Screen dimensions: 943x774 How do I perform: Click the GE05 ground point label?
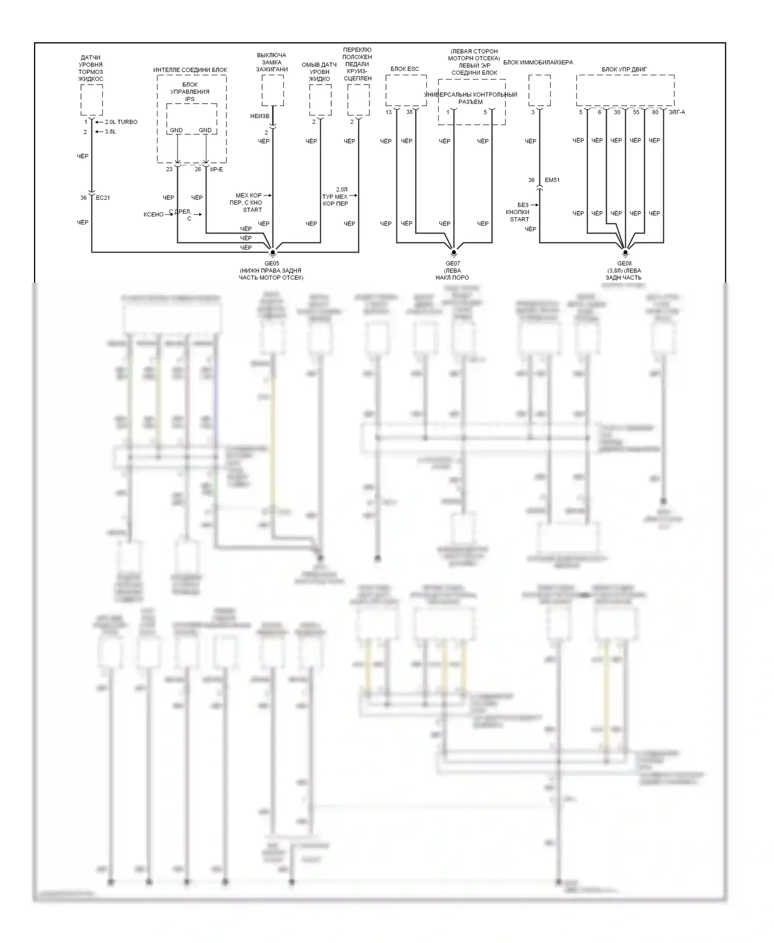[x=271, y=263]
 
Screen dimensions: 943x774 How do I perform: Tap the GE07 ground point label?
[x=453, y=263]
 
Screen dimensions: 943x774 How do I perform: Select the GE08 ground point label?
[x=624, y=263]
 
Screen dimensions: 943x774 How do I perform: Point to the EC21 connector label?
[x=103, y=198]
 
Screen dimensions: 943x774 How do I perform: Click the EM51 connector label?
[x=552, y=180]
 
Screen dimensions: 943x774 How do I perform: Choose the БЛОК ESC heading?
[x=405, y=69]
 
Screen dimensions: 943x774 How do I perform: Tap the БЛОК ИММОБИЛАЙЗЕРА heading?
[x=538, y=62]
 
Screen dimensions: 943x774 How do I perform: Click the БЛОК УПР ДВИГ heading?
[x=624, y=69]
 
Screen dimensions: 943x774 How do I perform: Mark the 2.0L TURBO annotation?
[x=121, y=122]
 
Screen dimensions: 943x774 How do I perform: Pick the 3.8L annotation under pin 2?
[x=110, y=132]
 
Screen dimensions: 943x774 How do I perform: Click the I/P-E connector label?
[x=217, y=169]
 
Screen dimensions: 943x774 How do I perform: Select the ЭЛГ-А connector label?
[x=676, y=112]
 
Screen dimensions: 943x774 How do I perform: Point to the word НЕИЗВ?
[x=260, y=116]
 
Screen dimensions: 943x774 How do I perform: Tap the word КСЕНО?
[x=153, y=214]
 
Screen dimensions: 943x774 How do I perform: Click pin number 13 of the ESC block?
[x=389, y=112]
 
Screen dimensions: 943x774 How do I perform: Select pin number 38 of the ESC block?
[x=409, y=112]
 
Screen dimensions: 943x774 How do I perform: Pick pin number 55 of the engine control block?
[x=636, y=112]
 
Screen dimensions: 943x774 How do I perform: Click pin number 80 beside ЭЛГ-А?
[x=655, y=112]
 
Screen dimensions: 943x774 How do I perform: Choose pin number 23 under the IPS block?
[x=169, y=169]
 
